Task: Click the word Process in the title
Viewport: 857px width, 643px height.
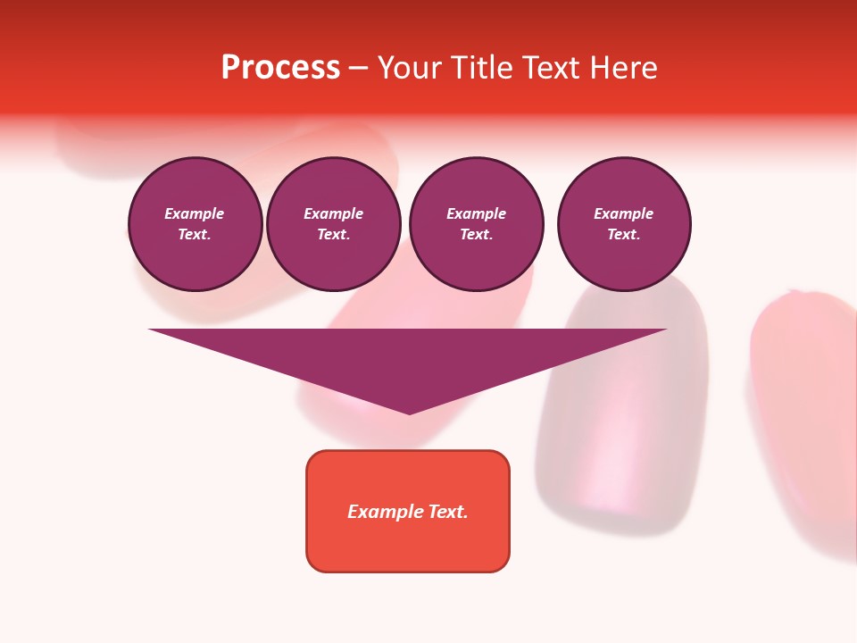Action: coord(280,68)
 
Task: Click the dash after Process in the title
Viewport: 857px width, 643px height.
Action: coord(358,69)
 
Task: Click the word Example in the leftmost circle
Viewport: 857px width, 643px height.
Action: coord(195,213)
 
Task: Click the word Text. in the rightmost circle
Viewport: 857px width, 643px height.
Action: coord(623,234)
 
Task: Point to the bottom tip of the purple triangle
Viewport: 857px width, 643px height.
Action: coord(409,413)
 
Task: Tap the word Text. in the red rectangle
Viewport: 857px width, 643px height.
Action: coord(449,512)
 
